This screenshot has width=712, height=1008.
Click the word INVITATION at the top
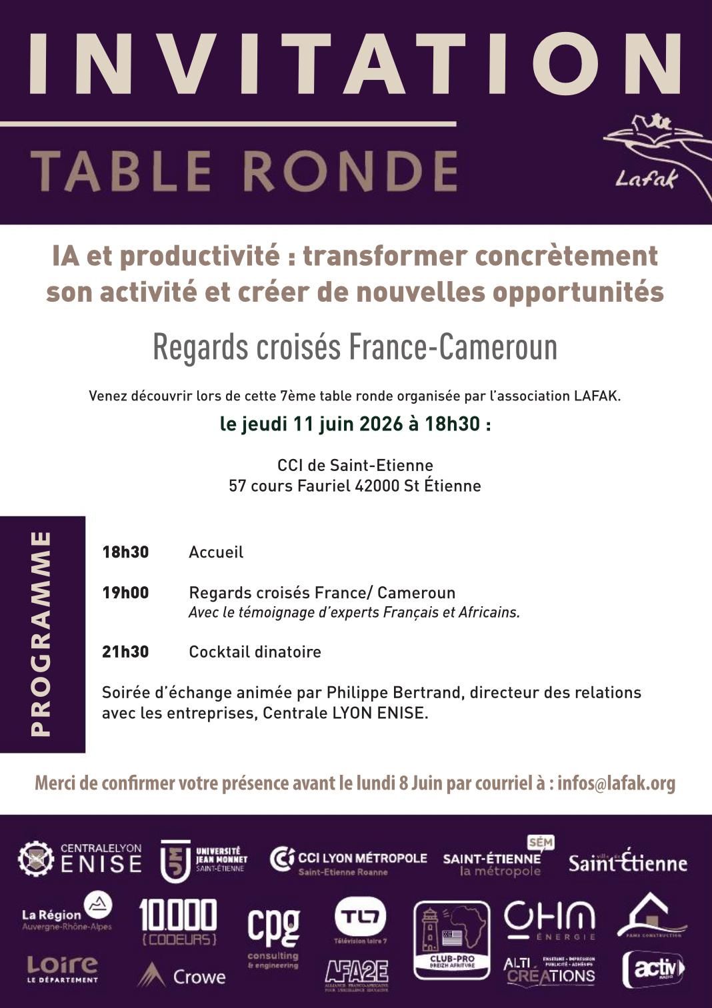tap(354, 65)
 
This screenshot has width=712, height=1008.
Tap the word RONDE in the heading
tap(351, 171)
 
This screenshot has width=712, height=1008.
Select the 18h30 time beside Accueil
tap(125, 552)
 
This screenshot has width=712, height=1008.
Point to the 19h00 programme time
tap(125, 593)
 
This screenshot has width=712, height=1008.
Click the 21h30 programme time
tap(125, 652)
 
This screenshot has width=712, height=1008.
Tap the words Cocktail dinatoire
tap(255, 652)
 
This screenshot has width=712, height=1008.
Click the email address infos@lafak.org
tap(616, 783)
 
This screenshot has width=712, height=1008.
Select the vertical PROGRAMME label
tap(41, 634)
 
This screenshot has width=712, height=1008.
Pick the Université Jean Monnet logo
tap(204, 859)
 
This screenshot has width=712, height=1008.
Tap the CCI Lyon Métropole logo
tap(348, 861)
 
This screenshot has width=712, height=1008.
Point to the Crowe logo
tap(182, 976)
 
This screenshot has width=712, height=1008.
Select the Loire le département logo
tap(62, 969)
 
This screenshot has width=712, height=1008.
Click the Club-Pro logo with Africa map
tap(452, 939)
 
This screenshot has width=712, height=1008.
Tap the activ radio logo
tap(653, 969)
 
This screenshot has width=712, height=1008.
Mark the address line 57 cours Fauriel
tap(355, 486)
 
